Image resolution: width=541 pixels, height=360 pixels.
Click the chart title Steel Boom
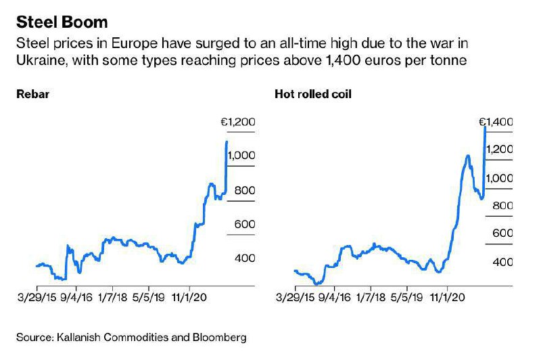point(62,22)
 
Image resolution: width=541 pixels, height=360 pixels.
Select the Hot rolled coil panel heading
point(313,94)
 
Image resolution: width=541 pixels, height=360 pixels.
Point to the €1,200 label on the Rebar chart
point(239,122)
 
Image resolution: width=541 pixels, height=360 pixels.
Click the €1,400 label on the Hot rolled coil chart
point(496,122)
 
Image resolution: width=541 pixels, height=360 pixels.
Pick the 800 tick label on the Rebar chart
point(244,191)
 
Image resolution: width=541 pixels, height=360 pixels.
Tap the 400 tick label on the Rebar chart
point(244,258)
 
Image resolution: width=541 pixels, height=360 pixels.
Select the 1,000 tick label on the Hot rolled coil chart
point(499,178)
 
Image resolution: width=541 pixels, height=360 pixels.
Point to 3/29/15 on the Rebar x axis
point(38,296)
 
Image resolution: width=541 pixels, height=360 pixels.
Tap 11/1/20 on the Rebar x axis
point(190,296)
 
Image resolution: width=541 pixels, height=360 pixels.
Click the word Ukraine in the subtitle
point(37,60)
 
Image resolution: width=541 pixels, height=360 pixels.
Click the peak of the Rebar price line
point(226,141)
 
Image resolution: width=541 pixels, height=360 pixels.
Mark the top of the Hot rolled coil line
point(486,127)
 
